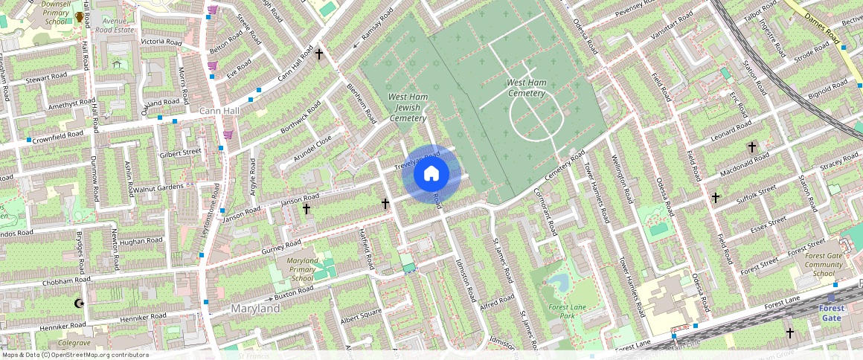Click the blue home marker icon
point(431,174)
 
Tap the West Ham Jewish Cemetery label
point(406,108)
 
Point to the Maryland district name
point(255,308)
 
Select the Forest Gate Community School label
point(823,264)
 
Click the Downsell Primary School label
point(55,13)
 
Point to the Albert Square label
point(360,316)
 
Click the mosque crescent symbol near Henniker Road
point(80,303)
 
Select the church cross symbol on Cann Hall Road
point(319,54)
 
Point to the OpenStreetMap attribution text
point(74,355)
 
